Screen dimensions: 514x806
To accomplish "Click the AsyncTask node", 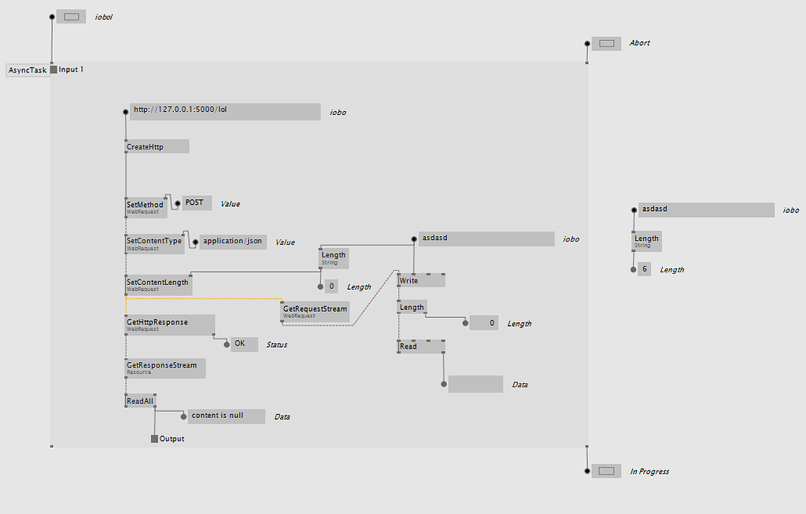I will (x=28, y=70).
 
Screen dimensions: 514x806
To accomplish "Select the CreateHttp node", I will (x=157, y=146).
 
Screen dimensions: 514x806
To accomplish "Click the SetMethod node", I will (x=146, y=206).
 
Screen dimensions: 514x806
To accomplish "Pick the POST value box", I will (x=197, y=203).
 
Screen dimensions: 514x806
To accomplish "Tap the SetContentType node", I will (x=154, y=243).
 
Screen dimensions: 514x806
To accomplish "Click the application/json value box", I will (x=232, y=242).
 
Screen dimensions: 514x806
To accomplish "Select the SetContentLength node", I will (x=158, y=284).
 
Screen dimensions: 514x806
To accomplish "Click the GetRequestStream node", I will (x=315, y=312).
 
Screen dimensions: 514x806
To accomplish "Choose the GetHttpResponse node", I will (x=169, y=324).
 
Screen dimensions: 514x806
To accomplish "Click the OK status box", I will (x=244, y=344).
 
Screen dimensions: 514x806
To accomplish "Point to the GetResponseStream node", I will (x=165, y=368).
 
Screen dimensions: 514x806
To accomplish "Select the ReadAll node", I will (x=141, y=401).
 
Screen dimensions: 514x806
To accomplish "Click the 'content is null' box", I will (x=226, y=416).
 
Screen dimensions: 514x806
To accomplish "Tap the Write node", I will (x=421, y=280).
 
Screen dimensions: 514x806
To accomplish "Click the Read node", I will (x=421, y=346).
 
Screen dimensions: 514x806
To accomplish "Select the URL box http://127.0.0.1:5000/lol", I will (x=224, y=111).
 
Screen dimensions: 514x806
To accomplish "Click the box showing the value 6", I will (x=645, y=269).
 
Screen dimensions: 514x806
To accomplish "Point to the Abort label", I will (x=639, y=43).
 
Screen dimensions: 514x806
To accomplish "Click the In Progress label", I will (x=649, y=471).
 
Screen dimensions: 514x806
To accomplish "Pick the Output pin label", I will (x=172, y=438).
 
